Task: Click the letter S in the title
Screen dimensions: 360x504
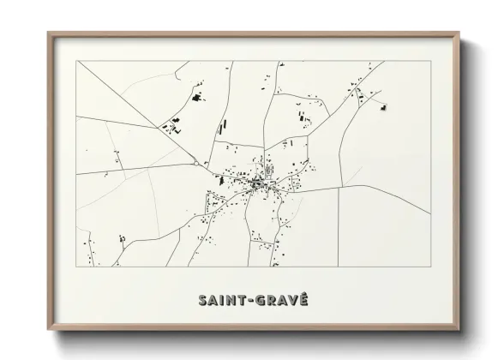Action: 204,300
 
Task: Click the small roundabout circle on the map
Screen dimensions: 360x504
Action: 196,163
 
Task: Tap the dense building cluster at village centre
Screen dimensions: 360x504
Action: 256,182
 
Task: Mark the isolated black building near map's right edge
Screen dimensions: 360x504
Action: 384,107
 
